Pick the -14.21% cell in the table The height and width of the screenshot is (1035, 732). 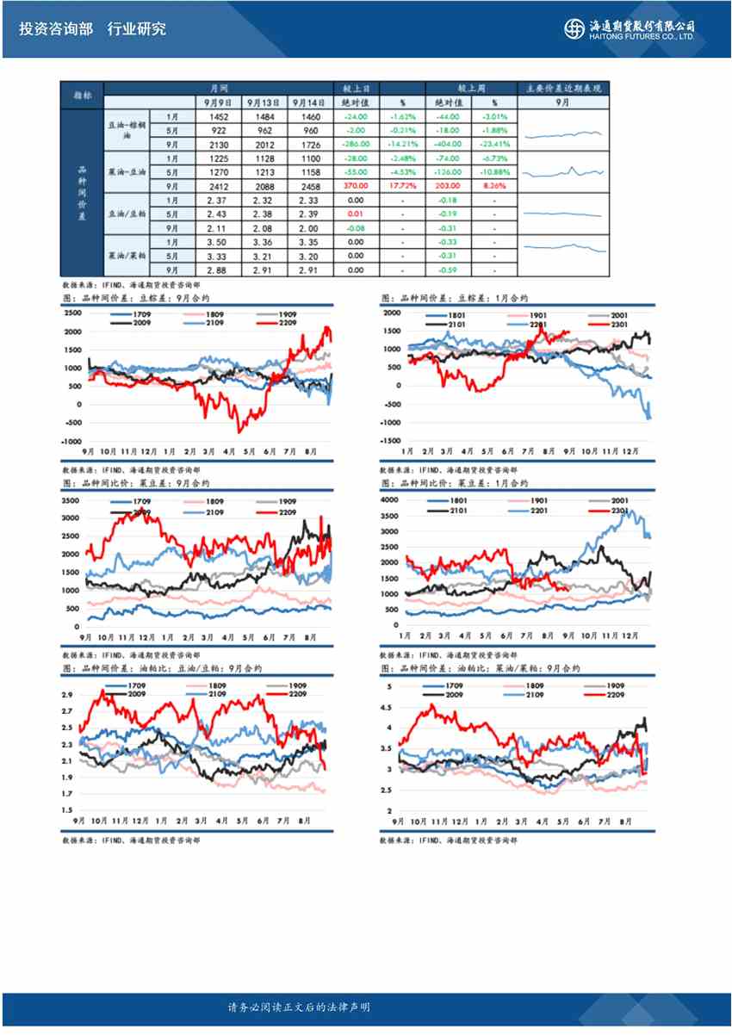click(402, 144)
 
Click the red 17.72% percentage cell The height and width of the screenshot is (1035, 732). click(402, 186)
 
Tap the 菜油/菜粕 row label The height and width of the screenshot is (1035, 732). click(127, 256)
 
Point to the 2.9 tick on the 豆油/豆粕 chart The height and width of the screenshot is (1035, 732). click(67, 695)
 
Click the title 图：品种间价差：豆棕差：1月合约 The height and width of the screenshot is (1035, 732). click(454, 298)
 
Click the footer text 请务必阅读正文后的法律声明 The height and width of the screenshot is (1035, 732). click(299, 1007)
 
